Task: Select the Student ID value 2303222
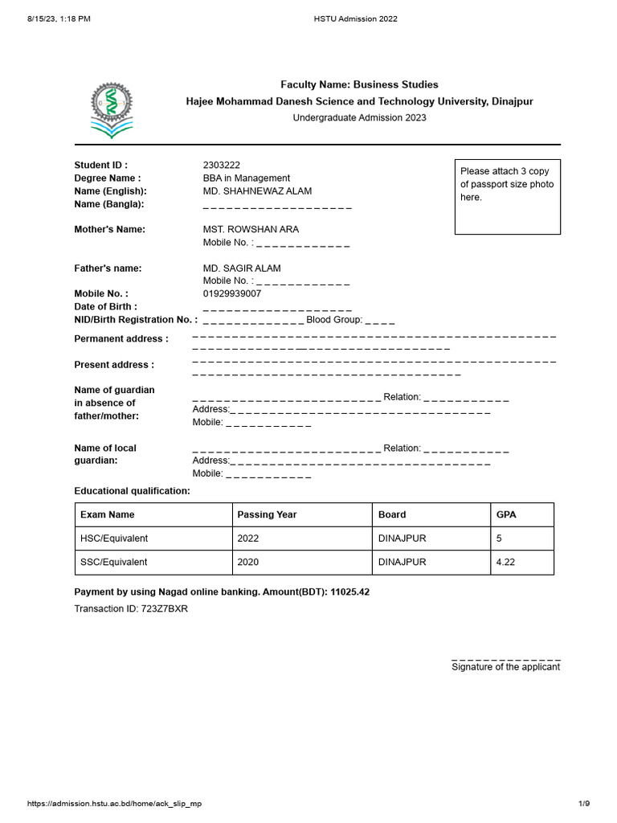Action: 222,165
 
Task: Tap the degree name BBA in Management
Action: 247,178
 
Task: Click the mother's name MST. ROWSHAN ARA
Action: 251,229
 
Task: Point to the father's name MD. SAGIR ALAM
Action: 242,268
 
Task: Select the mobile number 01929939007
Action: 232,293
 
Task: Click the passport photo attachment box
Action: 508,197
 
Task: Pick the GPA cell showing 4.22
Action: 505,562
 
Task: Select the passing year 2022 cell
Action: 248,538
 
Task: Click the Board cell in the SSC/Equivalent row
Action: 402,562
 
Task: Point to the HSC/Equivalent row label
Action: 114,538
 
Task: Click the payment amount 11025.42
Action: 349,592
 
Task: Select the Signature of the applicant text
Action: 505,666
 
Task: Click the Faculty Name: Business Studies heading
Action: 359,84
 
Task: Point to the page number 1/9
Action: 584,804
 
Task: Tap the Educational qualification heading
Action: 133,490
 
